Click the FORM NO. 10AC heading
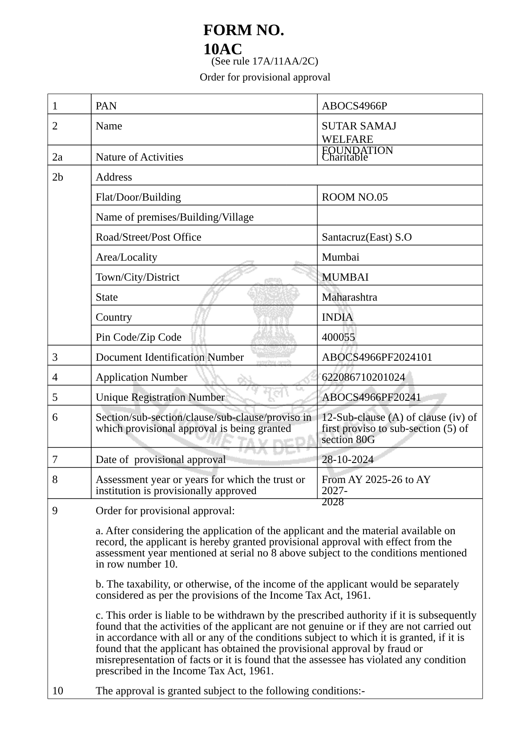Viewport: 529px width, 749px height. [243, 39]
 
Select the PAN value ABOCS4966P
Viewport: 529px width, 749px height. [354, 106]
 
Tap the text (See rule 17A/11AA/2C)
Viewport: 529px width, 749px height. [264, 61]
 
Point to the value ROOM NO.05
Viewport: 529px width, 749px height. [355, 197]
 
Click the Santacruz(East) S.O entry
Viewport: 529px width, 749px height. [367, 237]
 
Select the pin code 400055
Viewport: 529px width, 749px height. [338, 337]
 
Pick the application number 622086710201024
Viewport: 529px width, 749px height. [363, 377]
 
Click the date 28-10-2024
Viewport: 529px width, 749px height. [347, 459]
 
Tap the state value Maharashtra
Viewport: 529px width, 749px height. [349, 297]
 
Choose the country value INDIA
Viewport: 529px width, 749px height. [337, 317]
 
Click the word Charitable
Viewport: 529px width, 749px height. [345, 157]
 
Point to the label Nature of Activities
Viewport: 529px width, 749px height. [139, 157]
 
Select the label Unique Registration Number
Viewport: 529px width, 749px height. [160, 397]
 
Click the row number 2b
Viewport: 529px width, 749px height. [57, 177]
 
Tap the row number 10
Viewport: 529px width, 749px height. [57, 691]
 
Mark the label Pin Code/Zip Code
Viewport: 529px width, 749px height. [138, 337]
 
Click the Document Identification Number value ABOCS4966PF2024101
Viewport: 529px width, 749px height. [377, 357]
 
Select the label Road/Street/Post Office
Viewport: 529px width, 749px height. [148, 237]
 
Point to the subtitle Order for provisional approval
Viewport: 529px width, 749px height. [265, 77]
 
